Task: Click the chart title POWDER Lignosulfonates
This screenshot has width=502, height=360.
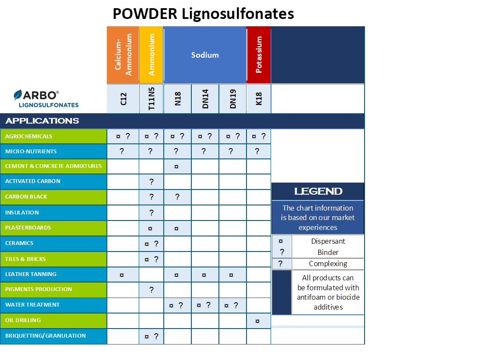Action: click(x=203, y=14)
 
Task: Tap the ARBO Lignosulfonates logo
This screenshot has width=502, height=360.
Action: click(x=46, y=99)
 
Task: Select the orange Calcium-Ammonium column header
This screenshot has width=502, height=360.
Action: click(x=123, y=55)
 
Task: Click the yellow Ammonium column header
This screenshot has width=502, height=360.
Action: click(x=151, y=55)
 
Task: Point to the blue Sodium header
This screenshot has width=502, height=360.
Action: click(x=205, y=55)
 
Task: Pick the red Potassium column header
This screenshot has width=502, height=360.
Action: click(x=259, y=55)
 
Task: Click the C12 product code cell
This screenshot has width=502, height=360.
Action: click(x=123, y=99)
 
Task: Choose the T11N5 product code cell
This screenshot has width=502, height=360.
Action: click(x=151, y=99)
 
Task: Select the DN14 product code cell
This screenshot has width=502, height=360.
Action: click(x=205, y=99)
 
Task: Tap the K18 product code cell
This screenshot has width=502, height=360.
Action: click(x=259, y=99)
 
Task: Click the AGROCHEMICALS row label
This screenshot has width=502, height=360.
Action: click(x=28, y=137)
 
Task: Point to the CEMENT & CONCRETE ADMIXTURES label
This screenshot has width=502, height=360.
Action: click(x=53, y=166)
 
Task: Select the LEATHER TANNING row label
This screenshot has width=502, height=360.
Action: click(x=31, y=274)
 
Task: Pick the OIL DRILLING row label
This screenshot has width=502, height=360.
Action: click(x=23, y=320)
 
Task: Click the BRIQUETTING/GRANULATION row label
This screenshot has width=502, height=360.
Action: click(x=45, y=336)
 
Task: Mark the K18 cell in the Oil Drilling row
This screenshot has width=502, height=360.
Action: click(x=259, y=321)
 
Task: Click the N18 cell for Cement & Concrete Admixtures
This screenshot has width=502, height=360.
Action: click(x=177, y=166)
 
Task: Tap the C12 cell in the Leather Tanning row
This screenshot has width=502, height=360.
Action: click(x=123, y=274)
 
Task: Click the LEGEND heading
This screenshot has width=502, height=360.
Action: click(x=318, y=192)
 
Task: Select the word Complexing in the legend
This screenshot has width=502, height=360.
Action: click(x=328, y=264)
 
